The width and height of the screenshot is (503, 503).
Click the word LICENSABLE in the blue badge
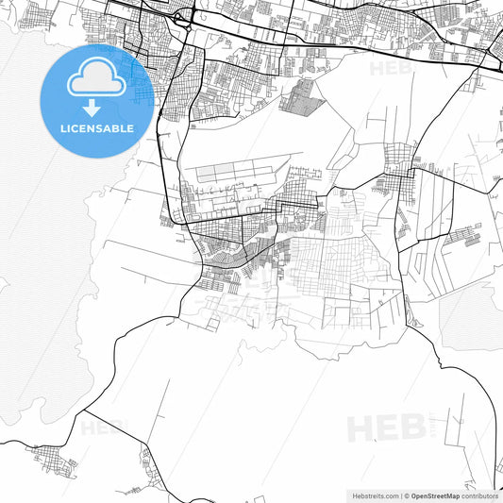click(x=97, y=128)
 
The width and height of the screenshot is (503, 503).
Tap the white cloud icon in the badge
click(x=97, y=80)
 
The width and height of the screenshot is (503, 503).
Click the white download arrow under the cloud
click(x=97, y=107)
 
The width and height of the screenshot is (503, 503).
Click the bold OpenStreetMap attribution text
click(x=435, y=495)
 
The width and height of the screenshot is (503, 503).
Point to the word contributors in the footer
click(x=479, y=495)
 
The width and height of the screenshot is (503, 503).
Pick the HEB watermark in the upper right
click(x=390, y=68)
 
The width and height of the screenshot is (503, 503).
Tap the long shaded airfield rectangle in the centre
click(x=231, y=174)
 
